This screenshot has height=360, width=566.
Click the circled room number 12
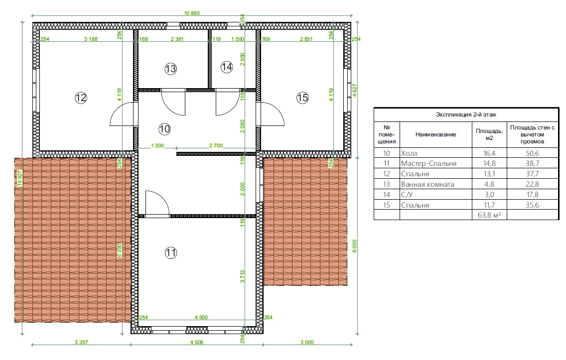[81, 98]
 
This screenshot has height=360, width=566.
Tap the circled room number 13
[170, 69]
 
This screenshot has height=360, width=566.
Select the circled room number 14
[227, 67]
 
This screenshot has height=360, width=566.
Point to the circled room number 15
[302, 98]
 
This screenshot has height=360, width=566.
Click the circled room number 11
[171, 252]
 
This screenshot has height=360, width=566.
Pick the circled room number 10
[164, 129]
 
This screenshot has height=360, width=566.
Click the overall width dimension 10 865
[192, 13]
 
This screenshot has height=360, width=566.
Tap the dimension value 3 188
[91, 39]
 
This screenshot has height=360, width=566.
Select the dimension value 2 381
[177, 39]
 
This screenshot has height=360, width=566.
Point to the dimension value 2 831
[306, 39]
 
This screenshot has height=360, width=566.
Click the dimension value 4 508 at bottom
[196, 343]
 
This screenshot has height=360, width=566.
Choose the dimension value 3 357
[81, 343]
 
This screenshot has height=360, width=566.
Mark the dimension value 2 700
[216, 146]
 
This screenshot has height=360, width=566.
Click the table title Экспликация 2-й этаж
[466, 115]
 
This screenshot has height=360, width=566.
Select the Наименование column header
[435, 134]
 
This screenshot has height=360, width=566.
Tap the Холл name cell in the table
[409, 153]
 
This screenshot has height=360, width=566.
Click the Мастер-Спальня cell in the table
[428, 163]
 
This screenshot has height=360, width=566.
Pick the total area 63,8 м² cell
[489, 215]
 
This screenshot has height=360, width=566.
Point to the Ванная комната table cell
[427, 184]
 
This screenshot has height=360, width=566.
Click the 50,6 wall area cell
[533, 153]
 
